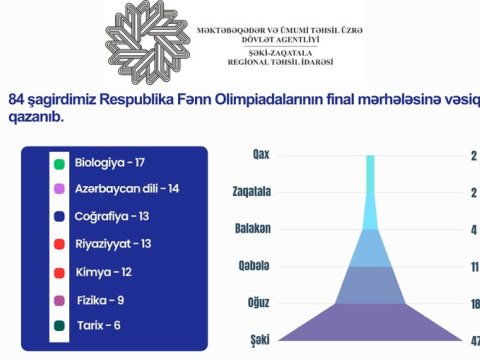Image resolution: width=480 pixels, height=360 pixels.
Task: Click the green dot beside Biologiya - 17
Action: pos(60,163)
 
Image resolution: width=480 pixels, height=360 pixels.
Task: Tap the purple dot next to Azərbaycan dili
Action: pos(60,189)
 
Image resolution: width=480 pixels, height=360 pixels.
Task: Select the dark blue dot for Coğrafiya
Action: pos(60,216)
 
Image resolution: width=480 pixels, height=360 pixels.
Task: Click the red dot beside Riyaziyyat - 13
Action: pos(60,243)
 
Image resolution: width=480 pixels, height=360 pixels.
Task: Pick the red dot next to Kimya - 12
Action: pos(60,270)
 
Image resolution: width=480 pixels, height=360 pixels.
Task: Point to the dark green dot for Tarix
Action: pos(60,324)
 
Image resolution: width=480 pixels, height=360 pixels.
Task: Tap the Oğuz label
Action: pos(258,301)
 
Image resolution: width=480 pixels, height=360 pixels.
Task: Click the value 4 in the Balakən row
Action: pos(473,229)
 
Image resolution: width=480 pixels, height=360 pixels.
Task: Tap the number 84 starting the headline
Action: pos(16,100)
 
